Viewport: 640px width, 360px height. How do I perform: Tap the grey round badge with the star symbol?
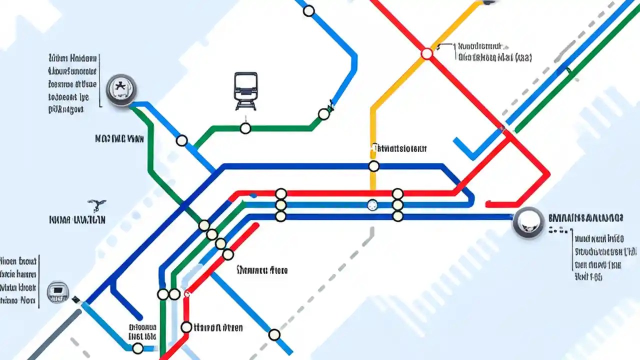tap(121, 89)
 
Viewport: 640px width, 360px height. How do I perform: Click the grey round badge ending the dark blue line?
tap(528, 222)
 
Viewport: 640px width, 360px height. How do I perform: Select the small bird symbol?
tap(96, 204)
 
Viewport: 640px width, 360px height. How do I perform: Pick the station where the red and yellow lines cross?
tap(426, 53)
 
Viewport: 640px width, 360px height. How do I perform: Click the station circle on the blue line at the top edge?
tap(309, 10)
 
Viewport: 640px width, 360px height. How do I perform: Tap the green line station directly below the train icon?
tap(245, 128)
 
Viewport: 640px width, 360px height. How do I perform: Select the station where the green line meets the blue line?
tap(324, 114)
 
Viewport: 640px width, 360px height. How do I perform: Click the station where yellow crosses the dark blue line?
tap(373, 166)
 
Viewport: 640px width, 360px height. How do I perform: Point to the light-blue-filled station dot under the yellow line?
tap(372, 204)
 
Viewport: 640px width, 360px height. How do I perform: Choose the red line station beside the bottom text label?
tap(186, 327)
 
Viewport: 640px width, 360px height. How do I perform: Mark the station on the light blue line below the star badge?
tap(182, 140)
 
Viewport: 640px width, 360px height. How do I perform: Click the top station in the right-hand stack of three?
tap(397, 193)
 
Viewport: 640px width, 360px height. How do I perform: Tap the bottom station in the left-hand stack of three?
tap(280, 216)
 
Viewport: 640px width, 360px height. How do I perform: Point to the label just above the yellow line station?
tap(399, 148)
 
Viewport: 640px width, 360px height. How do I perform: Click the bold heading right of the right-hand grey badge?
tap(585, 218)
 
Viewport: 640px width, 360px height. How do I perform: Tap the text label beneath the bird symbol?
tap(77, 219)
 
